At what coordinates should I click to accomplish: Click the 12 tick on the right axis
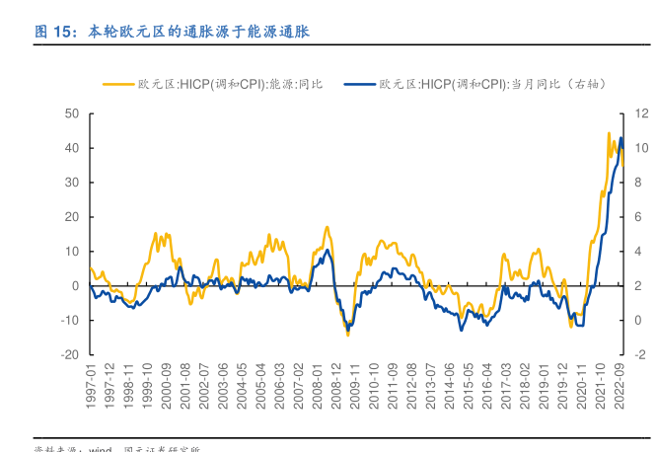(641, 113)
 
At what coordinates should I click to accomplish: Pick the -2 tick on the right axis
(639, 354)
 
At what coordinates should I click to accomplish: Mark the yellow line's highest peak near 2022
(609, 133)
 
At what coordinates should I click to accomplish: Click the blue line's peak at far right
(620, 138)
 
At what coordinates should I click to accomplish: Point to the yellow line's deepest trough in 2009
(347, 335)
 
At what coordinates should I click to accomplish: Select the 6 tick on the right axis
(639, 217)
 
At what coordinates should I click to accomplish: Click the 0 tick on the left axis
(75, 285)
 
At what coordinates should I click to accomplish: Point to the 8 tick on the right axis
(639, 183)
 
